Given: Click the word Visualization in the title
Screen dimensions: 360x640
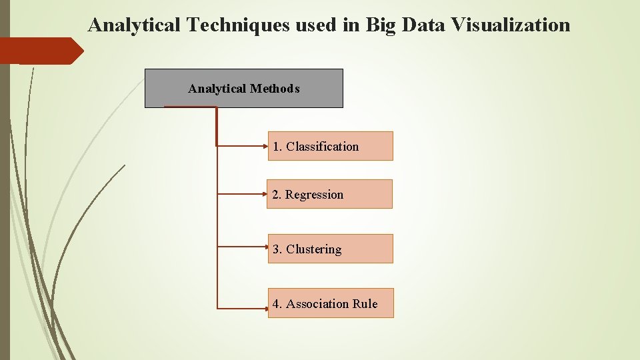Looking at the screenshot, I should tap(511, 25).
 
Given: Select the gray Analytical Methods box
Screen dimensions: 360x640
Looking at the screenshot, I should tap(244, 88).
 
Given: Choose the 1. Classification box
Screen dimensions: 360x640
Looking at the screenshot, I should tap(330, 146).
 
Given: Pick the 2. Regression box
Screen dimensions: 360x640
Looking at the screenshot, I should tap(329, 194).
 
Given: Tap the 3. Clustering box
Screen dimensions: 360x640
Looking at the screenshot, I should tap(330, 249).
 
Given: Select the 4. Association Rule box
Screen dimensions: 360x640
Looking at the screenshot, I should tap(331, 303).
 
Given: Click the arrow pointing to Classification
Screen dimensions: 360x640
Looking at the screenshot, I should tap(243, 145).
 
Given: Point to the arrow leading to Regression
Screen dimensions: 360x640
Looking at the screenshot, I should tap(243, 194).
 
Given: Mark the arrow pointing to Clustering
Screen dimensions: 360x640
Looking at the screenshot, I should tap(243, 246).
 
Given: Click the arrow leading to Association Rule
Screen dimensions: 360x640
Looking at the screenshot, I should tap(243, 308).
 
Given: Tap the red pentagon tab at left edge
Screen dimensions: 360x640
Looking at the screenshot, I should tap(40, 51).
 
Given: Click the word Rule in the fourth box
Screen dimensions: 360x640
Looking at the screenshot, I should tap(365, 304).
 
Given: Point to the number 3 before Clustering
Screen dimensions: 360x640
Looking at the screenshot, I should tap(276, 249).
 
